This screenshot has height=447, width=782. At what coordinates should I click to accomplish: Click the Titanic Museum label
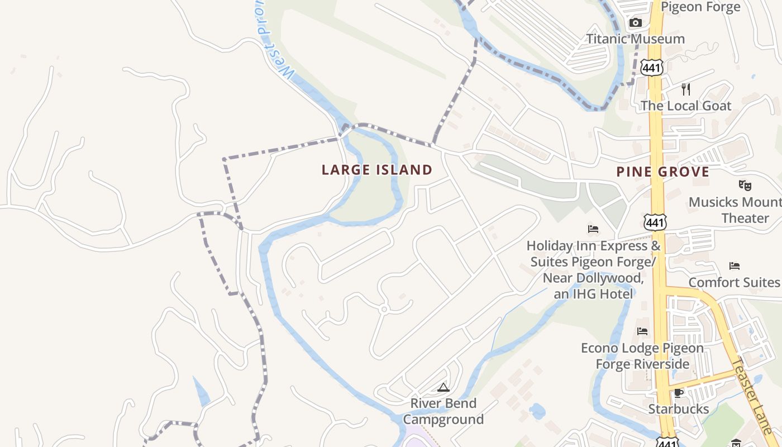click(635, 39)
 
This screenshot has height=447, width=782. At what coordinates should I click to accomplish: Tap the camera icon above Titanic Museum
click(635, 23)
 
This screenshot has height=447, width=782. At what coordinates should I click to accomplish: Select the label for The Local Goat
click(686, 106)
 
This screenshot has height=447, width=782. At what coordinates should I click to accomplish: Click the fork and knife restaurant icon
click(686, 89)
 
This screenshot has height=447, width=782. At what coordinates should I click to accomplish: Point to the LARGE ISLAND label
click(377, 170)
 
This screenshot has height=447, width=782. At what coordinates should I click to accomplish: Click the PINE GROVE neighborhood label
click(663, 172)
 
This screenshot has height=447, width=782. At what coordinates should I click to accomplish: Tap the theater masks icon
click(745, 185)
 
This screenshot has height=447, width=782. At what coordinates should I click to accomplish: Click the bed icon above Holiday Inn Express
click(593, 229)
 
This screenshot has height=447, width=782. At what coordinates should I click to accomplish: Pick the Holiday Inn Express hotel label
click(593, 269)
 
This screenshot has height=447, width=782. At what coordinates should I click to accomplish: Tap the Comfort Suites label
click(734, 283)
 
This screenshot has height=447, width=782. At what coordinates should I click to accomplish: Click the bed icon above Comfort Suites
click(735, 266)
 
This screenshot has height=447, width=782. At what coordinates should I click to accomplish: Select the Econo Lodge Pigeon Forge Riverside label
click(642, 356)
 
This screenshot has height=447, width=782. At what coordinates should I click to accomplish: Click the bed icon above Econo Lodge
click(642, 331)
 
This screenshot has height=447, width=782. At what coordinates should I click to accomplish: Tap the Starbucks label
click(679, 409)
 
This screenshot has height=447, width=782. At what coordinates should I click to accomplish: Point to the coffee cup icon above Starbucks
click(679, 393)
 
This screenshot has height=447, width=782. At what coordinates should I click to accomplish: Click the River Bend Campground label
click(444, 411)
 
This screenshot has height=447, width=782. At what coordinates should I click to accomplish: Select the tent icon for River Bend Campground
click(444, 387)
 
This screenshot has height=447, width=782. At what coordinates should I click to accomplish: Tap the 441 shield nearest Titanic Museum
click(652, 68)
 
